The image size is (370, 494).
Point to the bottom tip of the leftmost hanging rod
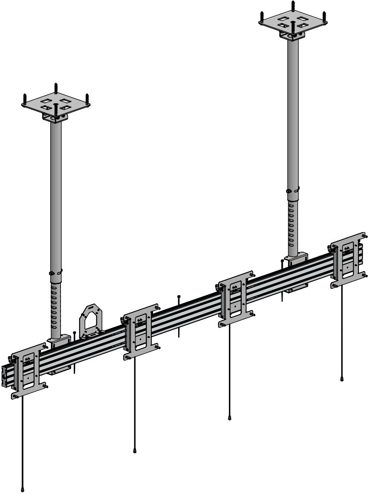point(22,489)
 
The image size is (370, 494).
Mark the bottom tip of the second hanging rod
point(135,450)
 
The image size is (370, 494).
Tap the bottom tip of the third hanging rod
point(230,418)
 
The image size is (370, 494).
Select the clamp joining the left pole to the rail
point(58,341)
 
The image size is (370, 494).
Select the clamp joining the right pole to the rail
point(296,259)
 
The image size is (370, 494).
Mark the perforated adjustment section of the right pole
point(292,224)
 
